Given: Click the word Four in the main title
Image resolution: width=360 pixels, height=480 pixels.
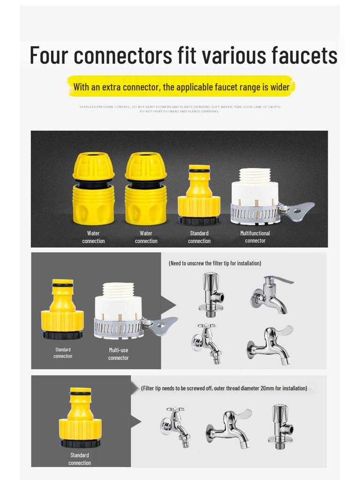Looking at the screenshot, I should [49, 55].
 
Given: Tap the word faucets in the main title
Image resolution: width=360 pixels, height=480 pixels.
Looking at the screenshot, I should [304, 55].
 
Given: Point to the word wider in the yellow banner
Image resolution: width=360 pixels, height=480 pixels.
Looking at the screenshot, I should [280, 87].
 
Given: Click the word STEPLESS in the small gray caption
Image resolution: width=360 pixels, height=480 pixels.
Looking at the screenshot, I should [88, 107].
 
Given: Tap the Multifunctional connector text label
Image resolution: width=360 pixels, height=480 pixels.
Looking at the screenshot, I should [255, 237].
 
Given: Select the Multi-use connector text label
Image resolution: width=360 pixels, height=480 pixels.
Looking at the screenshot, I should [118, 354].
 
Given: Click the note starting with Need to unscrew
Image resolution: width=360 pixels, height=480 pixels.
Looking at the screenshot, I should [215, 263].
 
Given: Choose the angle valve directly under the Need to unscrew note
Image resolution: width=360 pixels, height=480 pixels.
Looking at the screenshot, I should [210, 294].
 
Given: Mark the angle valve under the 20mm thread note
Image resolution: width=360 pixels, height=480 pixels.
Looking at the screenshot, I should [281, 424].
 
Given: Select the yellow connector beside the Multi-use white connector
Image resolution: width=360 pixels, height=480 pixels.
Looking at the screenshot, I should [62, 309].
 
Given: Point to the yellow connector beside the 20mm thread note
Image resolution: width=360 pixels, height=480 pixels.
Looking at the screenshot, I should [80, 417].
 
